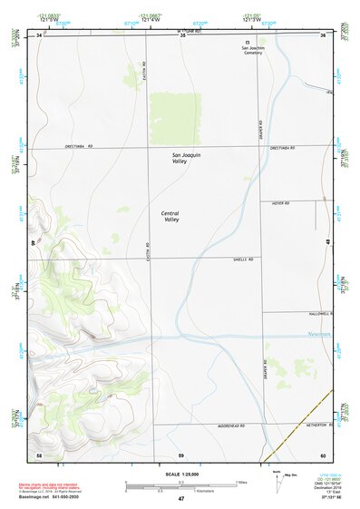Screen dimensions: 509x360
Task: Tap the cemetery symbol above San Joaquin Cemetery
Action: point(248,43)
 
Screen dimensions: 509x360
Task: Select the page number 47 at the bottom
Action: point(180,499)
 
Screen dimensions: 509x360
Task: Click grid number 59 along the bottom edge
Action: point(180,454)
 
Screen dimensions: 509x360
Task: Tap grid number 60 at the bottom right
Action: point(322,454)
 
